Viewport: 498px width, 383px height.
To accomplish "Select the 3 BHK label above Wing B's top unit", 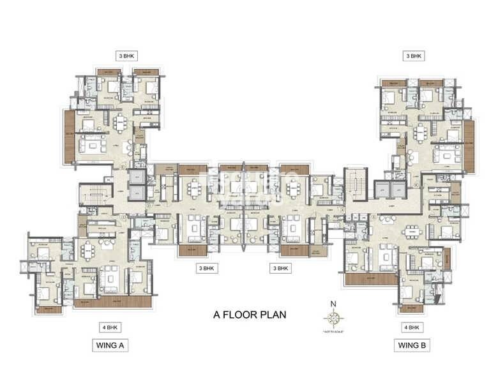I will tap(414, 56).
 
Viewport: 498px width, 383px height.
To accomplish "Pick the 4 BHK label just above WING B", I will tap(412, 327).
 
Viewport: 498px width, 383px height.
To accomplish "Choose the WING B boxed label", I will tap(412, 345).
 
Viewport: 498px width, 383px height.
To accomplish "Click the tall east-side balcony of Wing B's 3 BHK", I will tap(469, 146).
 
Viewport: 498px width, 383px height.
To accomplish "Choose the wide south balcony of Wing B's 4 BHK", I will tap(370, 279).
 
